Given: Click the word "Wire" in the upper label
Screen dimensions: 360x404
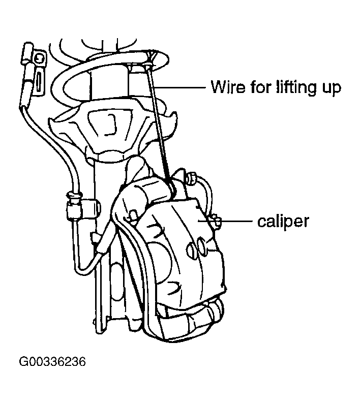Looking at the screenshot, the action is [x=228, y=87].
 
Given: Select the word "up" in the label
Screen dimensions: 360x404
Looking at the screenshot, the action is [x=332, y=89].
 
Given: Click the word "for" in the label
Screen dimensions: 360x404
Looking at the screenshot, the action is [x=261, y=87].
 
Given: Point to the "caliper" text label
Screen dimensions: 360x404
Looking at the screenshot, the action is [x=283, y=222].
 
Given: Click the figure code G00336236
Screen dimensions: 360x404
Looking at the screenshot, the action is [x=52, y=361].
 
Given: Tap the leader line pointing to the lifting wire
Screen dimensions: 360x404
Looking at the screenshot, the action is [x=179, y=87].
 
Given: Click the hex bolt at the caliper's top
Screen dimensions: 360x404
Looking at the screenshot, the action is [x=191, y=178].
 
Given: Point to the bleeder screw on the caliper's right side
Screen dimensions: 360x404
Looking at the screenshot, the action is [x=216, y=222].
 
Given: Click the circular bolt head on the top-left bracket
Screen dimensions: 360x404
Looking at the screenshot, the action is [x=39, y=58].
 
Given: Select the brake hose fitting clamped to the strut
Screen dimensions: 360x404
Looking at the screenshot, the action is [x=75, y=206].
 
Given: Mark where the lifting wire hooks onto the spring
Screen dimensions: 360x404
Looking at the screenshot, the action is [x=149, y=63].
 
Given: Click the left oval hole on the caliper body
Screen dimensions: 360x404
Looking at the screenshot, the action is [x=191, y=248].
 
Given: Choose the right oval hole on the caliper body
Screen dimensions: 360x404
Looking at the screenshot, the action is [x=202, y=244].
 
